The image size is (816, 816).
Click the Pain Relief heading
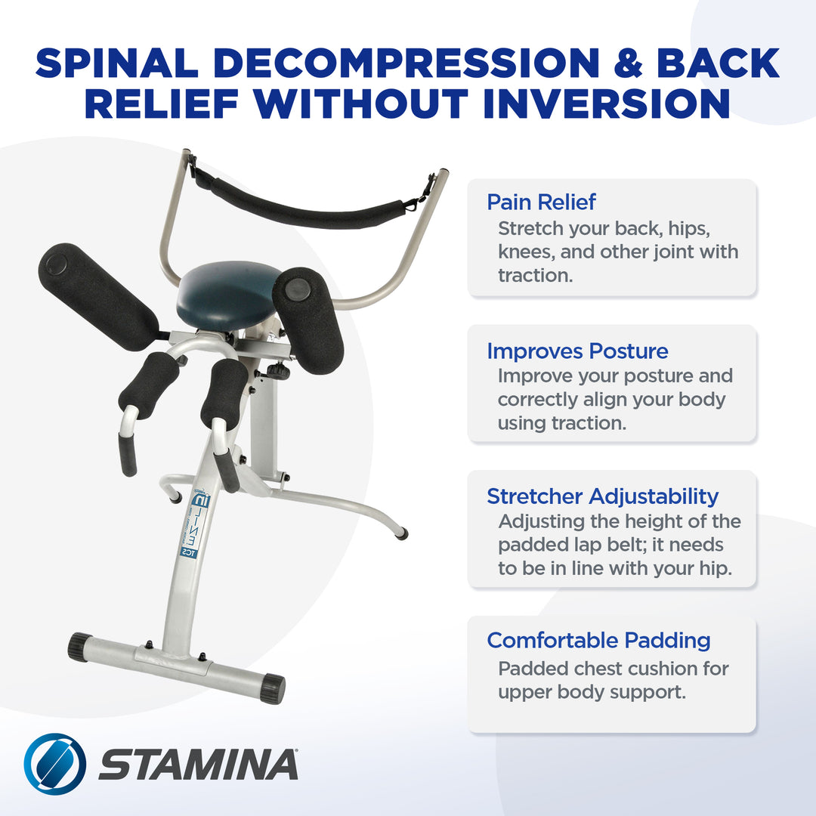[541, 202]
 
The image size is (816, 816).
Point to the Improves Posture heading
[577, 351]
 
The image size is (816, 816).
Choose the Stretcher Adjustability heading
[602, 496]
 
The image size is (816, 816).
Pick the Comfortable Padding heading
[598, 641]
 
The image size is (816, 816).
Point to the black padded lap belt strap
[306, 202]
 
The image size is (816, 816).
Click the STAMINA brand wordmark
[198, 765]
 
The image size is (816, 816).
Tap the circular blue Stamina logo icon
[54, 764]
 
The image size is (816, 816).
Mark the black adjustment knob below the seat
[279, 371]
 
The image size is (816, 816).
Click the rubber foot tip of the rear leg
[402, 534]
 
